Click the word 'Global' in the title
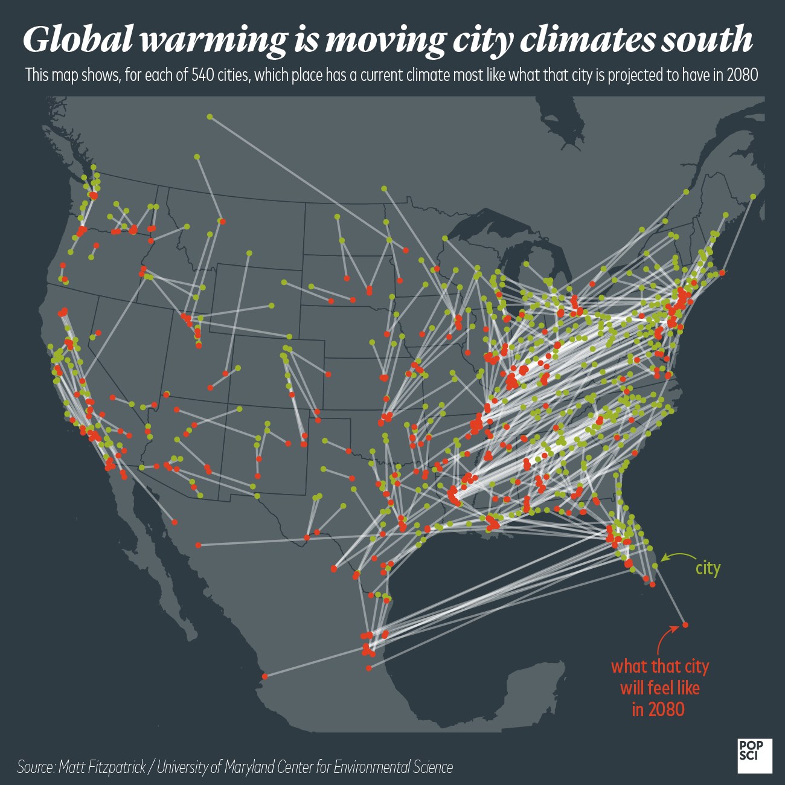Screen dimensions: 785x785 pyautogui.click(x=78, y=40)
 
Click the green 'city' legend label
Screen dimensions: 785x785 pyautogui.click(x=708, y=568)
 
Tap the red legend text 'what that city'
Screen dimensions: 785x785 pyautogui.click(x=659, y=667)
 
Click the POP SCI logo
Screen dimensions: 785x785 pyautogui.click(x=754, y=755)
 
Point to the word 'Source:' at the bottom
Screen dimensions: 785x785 pyautogui.click(x=36, y=767)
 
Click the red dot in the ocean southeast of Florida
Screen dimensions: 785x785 pyautogui.click(x=685, y=624)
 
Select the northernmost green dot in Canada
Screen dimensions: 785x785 pyautogui.click(x=210, y=116)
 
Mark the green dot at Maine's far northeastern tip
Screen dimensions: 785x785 pyautogui.click(x=753, y=196)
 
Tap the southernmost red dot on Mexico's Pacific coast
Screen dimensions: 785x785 pyautogui.click(x=264, y=676)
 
